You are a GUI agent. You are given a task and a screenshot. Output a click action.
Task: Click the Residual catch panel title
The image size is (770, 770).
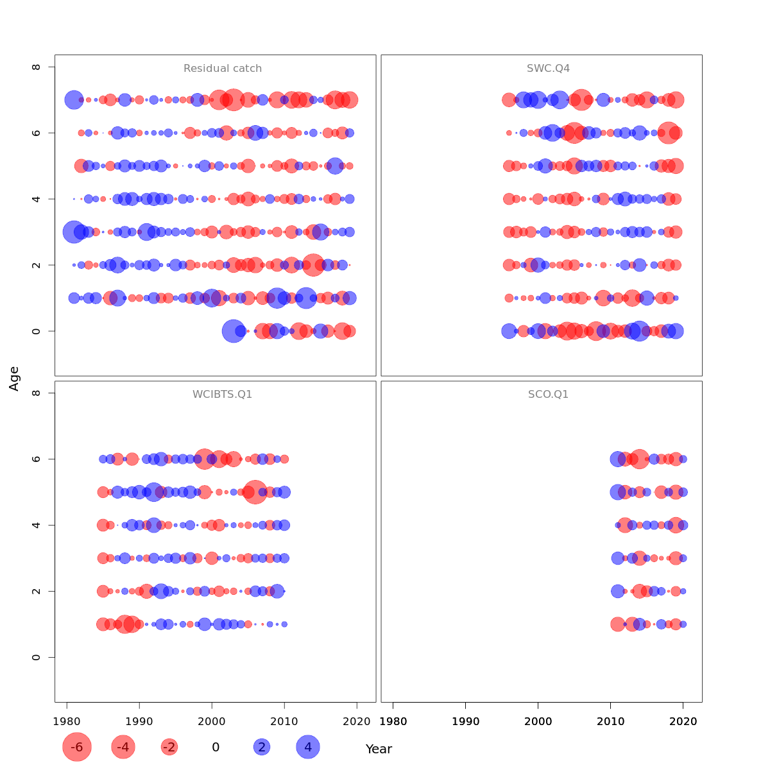[222, 69]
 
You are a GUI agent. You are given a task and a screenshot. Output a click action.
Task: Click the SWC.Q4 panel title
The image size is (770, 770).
[548, 69]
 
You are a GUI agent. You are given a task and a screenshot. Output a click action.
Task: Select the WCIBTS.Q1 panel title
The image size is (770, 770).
[222, 395]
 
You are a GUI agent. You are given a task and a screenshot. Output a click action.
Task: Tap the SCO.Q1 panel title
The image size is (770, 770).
[548, 395]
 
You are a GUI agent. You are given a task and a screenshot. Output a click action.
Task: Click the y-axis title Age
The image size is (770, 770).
[14, 379]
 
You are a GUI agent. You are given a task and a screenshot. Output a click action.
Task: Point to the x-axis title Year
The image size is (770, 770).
[379, 749]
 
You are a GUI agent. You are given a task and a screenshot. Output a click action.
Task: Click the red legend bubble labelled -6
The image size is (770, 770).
[77, 747]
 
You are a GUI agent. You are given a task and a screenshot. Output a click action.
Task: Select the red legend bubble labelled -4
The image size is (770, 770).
[123, 747]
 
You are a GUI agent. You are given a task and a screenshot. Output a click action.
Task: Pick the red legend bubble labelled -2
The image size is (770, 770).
[169, 747]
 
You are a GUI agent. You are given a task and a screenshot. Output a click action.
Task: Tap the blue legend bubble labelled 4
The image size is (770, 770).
[308, 747]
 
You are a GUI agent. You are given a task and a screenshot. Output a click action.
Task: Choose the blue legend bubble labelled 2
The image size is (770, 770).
[261, 747]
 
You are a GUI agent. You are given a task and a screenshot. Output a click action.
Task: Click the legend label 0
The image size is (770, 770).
[216, 747]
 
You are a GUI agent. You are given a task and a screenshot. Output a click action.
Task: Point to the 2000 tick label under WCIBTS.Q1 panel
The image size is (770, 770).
[212, 721]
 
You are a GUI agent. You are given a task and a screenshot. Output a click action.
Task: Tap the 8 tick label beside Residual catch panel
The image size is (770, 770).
[37, 67]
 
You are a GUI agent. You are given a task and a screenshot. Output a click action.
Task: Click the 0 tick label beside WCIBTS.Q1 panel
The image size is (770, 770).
[37, 657]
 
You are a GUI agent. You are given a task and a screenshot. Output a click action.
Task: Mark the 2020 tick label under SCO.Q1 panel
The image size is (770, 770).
[683, 721]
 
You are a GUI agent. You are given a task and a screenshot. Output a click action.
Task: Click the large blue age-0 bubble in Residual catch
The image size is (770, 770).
[234, 331]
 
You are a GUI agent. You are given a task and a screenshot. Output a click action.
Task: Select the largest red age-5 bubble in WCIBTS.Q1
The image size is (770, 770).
[255, 492]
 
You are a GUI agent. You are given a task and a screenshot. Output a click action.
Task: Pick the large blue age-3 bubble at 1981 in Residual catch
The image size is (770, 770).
[74, 232]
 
